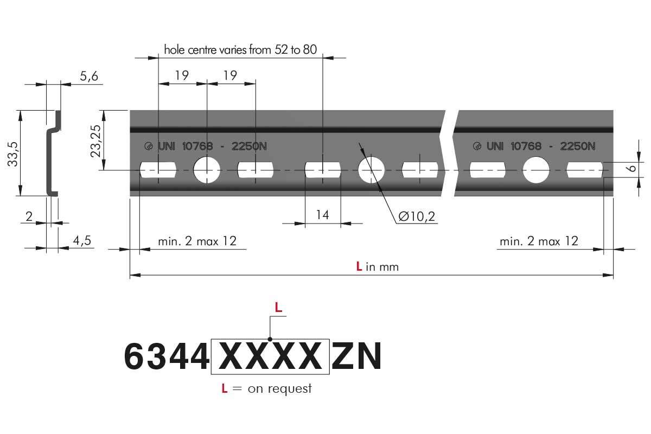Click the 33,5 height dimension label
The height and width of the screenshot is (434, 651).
(13, 154)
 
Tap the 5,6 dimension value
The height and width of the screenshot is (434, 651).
(89, 76)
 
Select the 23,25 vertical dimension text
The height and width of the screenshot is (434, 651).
(95, 141)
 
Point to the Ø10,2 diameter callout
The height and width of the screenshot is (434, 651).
(417, 216)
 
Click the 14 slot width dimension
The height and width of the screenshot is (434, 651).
(323, 215)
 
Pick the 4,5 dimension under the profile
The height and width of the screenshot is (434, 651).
(82, 241)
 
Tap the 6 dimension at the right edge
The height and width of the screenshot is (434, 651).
(632, 168)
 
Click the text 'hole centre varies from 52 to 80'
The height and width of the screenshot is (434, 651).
(240, 50)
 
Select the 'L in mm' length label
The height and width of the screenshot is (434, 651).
(378, 266)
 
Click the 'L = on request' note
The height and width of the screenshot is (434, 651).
(266, 388)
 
